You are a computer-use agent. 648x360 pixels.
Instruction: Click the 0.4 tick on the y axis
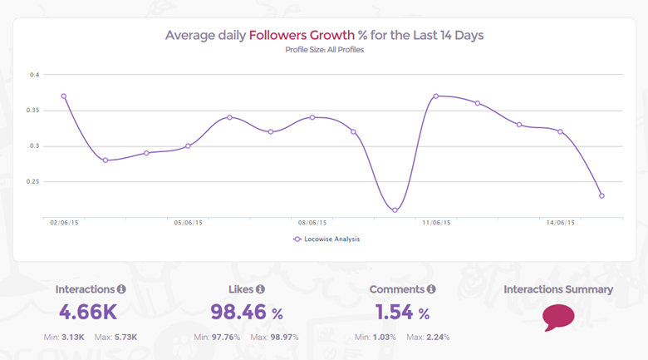point(35,75)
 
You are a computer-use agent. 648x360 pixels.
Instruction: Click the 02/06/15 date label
point(64,223)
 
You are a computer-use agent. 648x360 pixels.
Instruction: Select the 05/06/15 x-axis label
point(188,223)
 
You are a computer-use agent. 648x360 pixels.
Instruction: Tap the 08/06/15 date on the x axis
point(312,223)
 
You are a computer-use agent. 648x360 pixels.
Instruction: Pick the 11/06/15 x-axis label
point(436,223)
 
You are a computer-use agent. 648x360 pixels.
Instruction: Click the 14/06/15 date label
point(561,223)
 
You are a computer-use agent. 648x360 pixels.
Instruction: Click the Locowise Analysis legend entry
point(326,239)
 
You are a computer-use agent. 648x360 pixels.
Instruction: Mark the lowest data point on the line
point(395,210)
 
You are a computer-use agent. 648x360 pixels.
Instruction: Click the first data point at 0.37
point(64,96)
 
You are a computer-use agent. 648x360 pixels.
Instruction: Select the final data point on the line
point(601,195)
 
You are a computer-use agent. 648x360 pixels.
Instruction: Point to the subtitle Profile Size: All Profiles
point(324,50)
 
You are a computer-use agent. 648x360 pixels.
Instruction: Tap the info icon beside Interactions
point(121,289)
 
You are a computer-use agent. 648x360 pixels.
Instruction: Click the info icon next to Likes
point(260,289)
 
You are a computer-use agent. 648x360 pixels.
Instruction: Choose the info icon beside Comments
point(431,289)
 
